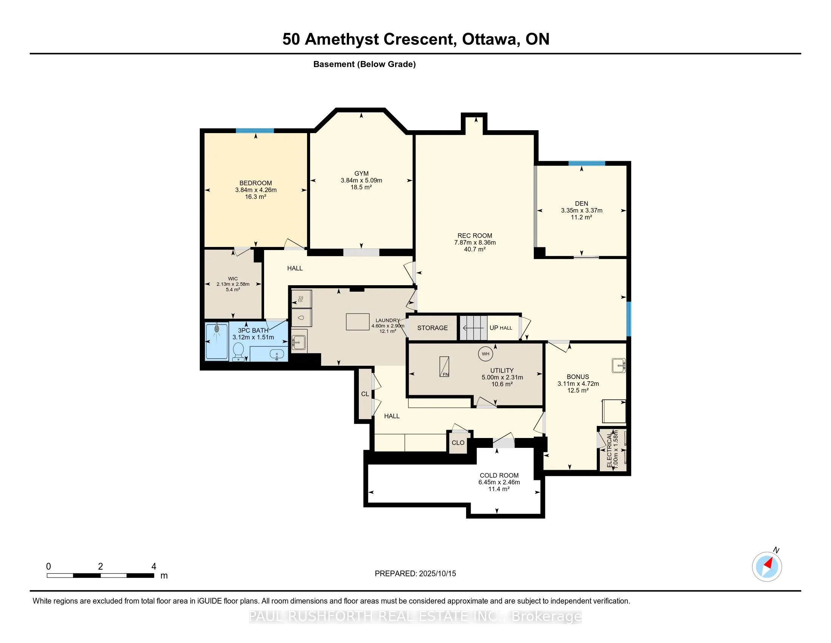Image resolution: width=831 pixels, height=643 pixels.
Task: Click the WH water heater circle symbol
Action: pos(485,354)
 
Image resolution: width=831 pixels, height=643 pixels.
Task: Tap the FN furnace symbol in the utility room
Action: pos(444,367)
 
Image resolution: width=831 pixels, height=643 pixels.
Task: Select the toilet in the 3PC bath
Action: pos(238,351)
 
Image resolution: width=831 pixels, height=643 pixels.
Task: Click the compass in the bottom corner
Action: pos(767,567)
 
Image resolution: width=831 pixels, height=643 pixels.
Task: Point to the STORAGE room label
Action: pos(432,328)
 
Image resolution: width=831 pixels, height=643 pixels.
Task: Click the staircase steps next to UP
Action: pos(473,328)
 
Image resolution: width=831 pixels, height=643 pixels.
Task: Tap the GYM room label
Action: pos(361,174)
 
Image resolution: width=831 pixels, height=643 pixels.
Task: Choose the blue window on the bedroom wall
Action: pos(255,131)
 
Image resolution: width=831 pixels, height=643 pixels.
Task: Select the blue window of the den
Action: pos(587,163)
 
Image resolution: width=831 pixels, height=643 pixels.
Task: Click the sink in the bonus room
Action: pos(619,366)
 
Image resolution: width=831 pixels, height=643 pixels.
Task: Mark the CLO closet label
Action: pos(458,443)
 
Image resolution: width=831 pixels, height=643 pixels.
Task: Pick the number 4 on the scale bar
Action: pos(154,567)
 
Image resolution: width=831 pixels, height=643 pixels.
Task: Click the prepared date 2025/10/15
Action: pos(437,574)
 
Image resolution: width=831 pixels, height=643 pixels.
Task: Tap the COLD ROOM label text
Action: pos(499,475)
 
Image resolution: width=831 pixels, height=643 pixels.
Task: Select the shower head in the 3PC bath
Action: pos(217,328)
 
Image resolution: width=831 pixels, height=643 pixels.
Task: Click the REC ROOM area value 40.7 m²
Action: pos(475,250)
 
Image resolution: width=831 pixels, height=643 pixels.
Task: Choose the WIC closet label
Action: pos(233,279)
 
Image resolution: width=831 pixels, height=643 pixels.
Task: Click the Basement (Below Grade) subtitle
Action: pos(365,64)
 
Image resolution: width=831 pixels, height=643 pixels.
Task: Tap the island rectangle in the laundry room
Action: pos(358,321)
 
